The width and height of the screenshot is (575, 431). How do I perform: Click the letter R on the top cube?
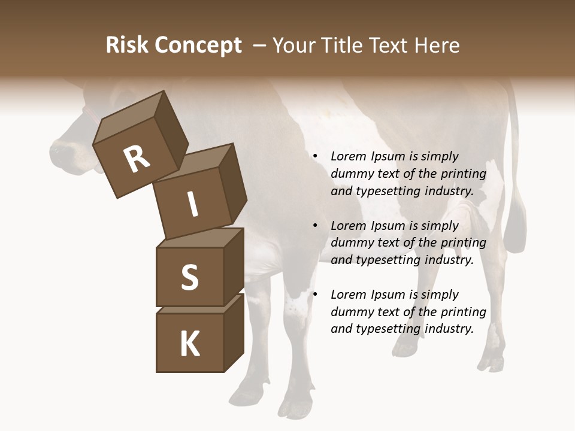(137, 159)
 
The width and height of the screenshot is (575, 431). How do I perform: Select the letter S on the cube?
(189, 277)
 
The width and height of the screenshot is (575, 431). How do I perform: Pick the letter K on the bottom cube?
(189, 344)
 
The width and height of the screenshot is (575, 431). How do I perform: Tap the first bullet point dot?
(315, 156)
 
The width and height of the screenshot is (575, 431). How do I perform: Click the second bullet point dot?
(315, 226)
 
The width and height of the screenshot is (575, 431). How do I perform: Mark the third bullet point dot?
(315, 295)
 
